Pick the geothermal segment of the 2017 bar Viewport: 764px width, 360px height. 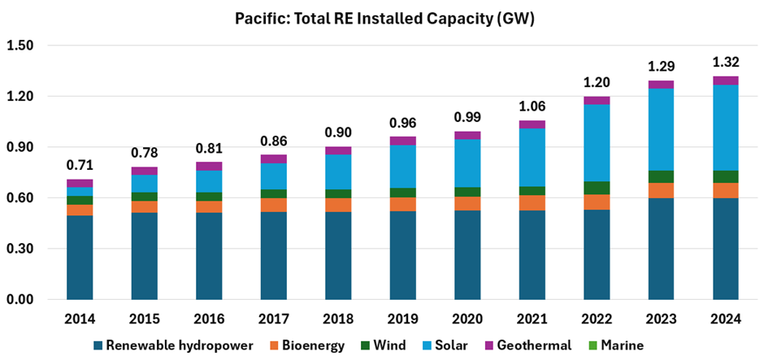[273, 159]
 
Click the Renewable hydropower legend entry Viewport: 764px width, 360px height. [171, 345]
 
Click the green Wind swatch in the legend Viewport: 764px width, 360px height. [368, 345]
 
